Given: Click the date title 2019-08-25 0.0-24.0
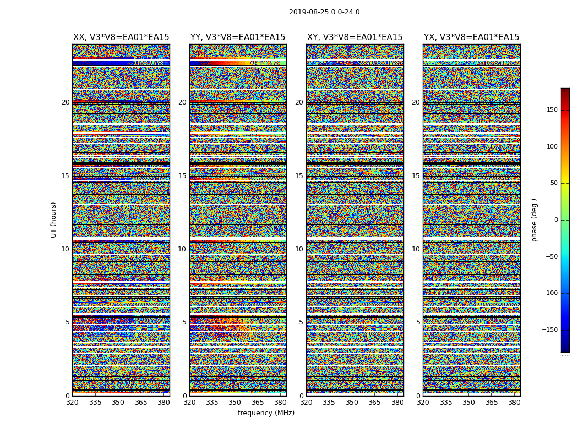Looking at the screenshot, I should [324, 12].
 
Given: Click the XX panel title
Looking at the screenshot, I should [121, 37].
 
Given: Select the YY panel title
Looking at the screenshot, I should [238, 37].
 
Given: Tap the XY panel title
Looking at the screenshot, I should [355, 37].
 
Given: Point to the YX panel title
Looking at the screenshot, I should [471, 37].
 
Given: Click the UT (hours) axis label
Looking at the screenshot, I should [54, 219].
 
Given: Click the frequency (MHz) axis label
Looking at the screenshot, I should [266, 413].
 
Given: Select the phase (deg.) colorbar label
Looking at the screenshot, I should [534, 219].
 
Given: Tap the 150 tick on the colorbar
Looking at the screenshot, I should [551, 110].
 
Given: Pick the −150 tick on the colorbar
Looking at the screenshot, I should [549, 330].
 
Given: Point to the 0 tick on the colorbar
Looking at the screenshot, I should [555, 220].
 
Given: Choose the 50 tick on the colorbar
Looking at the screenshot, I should [553, 183].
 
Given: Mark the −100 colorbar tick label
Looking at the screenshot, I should [549, 293].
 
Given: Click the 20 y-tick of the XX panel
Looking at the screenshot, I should [66, 102].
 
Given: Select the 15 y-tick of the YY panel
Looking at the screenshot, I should [182, 176].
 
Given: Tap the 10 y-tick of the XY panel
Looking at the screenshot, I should [299, 249].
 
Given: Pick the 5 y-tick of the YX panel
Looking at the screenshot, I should [418, 322].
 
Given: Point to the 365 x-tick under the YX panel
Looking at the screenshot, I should [492, 403].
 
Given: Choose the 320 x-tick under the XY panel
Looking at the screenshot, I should [307, 403].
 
